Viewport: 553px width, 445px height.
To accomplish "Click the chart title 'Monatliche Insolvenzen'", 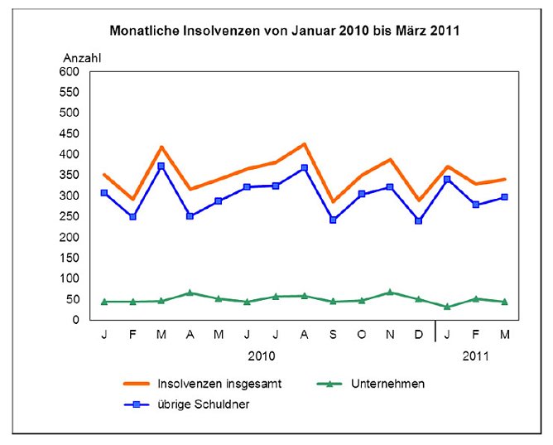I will [x=285, y=31].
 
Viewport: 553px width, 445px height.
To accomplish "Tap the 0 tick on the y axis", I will [x=75, y=320].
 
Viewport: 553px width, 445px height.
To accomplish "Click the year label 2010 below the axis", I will [x=261, y=356].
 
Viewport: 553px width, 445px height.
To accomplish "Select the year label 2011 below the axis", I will [x=475, y=356].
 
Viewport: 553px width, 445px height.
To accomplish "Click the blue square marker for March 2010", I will [x=161, y=167].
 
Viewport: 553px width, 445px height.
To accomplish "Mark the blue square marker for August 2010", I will [x=305, y=168].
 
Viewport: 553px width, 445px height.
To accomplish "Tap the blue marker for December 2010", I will [x=419, y=221].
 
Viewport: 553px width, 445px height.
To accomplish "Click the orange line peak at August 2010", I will [x=305, y=144].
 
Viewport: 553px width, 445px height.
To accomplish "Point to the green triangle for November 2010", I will [x=390, y=293].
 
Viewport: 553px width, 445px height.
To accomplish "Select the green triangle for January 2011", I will [x=447, y=307].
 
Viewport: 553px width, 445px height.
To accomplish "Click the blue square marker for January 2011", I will [x=447, y=180].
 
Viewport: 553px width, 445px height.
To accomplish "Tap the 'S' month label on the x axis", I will [x=333, y=335].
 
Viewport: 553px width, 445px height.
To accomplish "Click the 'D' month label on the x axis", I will [x=419, y=335].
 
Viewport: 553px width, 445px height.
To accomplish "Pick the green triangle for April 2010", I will [x=190, y=293].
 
